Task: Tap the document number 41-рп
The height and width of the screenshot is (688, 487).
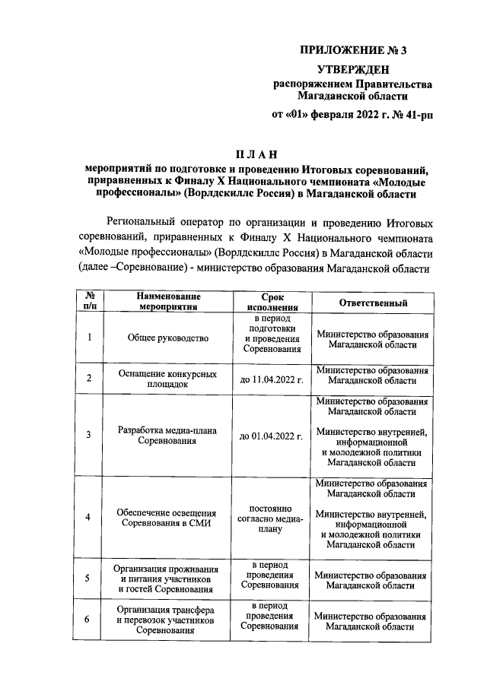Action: pyautogui.click(x=415, y=116)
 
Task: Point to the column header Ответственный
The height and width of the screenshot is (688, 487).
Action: pyautogui.click(x=372, y=303)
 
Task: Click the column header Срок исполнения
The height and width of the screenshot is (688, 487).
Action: pyautogui.click(x=272, y=303)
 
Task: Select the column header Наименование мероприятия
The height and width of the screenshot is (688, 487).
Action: pyautogui.click(x=168, y=303)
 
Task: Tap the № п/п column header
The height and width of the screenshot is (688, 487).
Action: pyautogui.click(x=89, y=303)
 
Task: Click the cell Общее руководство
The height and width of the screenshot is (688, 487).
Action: pyautogui.click(x=168, y=338)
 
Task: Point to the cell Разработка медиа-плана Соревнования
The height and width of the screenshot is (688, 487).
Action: pyautogui.click(x=168, y=436)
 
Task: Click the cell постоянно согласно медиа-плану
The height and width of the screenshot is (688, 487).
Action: pyautogui.click(x=272, y=517)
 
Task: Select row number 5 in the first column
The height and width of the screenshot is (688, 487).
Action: pyautogui.click(x=89, y=579)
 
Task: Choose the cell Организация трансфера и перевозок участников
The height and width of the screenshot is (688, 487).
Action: pyautogui.click(x=168, y=620)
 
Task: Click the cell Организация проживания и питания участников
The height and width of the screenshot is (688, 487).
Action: pyautogui.click(x=168, y=579)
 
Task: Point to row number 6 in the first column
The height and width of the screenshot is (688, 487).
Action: pyautogui.click(x=89, y=620)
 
